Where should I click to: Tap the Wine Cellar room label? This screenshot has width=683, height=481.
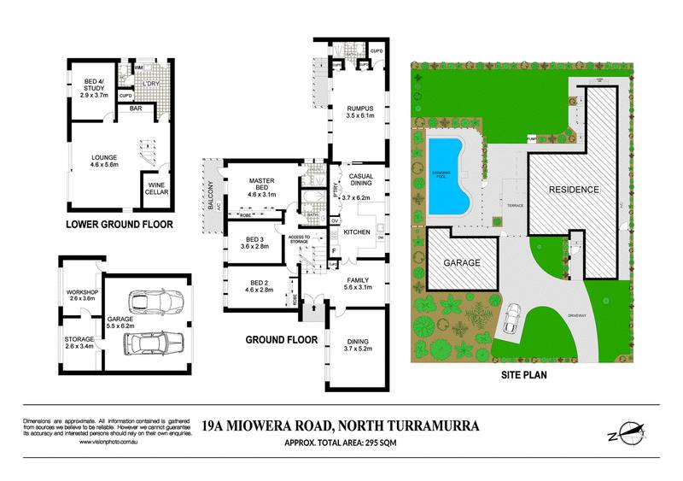pos(156,189)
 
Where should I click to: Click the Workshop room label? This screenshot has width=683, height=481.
pos(83,296)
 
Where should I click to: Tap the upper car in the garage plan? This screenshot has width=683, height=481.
pos(155,302)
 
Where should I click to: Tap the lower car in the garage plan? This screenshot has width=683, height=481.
pos(154,343)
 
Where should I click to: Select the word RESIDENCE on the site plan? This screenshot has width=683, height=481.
pos(574,189)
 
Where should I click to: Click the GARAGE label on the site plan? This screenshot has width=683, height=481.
pos(461,263)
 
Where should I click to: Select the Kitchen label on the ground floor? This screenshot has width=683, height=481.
pos(357,232)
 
